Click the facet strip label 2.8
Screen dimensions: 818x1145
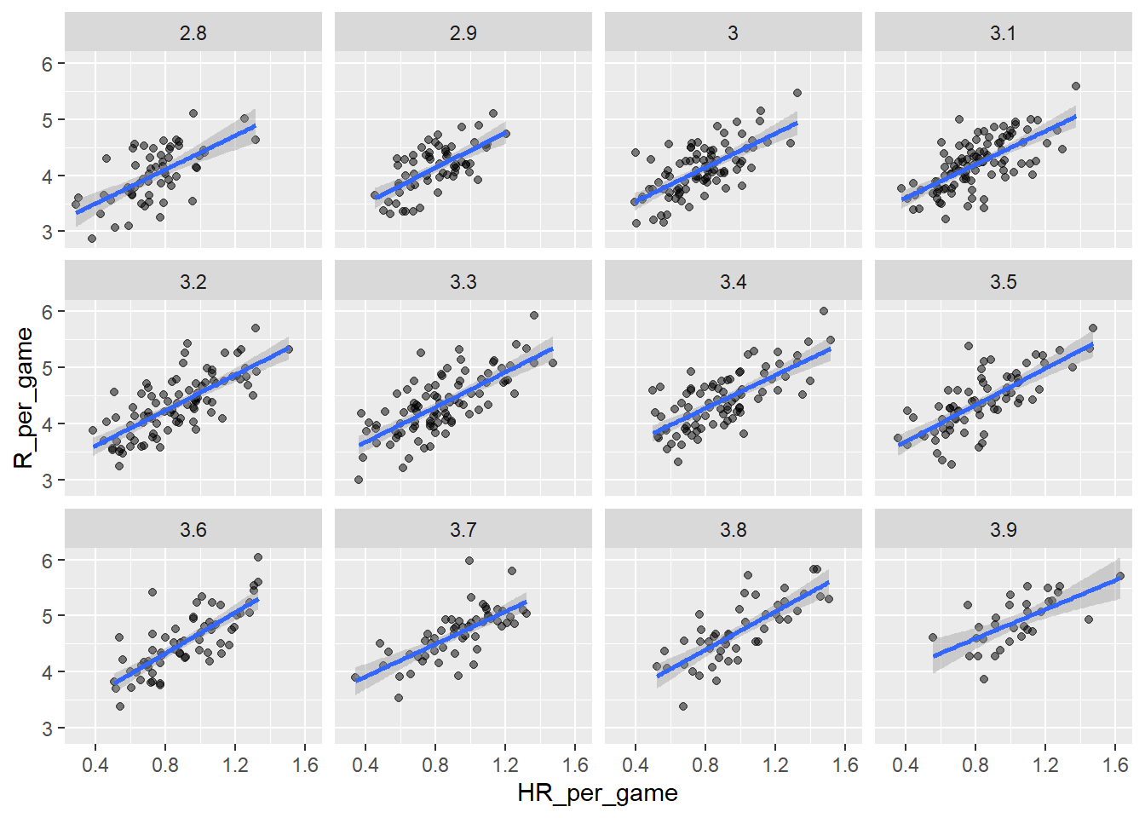click(193, 33)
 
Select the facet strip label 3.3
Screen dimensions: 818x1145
click(463, 282)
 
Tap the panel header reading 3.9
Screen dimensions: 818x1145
click(1003, 530)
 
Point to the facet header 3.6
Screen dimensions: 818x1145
click(193, 530)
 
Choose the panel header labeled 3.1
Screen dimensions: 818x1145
click(1003, 33)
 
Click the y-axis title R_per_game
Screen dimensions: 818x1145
click(24, 398)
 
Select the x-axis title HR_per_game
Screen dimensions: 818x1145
click(597, 793)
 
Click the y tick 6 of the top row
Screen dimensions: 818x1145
click(48, 64)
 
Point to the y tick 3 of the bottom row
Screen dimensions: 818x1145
click(48, 729)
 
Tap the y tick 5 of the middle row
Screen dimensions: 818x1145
click(48, 368)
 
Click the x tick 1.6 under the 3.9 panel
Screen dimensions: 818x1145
click(1116, 765)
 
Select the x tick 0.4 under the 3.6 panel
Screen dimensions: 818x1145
click(95, 765)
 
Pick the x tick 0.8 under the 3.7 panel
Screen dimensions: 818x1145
click(435, 765)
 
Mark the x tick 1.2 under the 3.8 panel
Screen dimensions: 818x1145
click(775, 765)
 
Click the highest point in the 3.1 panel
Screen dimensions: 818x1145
click(1076, 86)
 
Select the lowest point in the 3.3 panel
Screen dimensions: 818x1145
click(359, 480)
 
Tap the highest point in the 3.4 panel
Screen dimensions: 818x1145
click(824, 311)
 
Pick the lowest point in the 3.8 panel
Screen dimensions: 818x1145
click(683, 706)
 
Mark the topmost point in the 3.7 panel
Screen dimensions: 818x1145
click(469, 561)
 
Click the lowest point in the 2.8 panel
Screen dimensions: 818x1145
click(92, 239)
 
